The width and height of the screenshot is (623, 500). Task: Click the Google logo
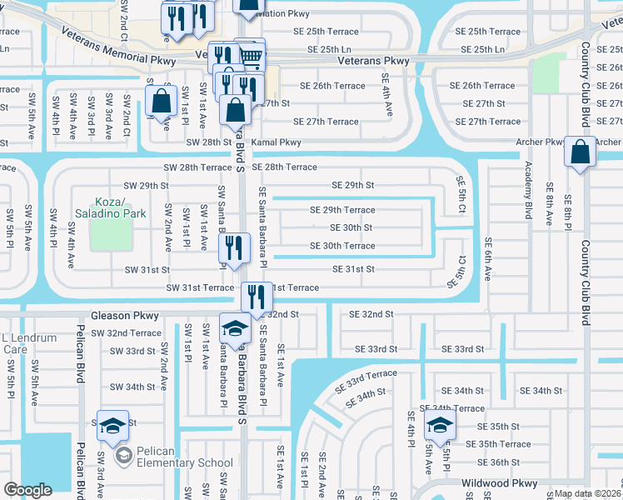click(x=27, y=490)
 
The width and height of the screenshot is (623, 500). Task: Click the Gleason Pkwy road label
click(x=124, y=316)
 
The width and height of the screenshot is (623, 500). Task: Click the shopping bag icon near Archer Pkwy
click(x=581, y=153)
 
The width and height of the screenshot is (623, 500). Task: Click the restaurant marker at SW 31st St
click(x=234, y=247)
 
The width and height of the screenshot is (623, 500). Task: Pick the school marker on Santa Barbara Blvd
click(x=235, y=328)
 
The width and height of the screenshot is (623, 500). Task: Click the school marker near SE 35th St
click(x=440, y=426)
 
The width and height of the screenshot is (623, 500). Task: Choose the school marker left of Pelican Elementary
click(x=112, y=426)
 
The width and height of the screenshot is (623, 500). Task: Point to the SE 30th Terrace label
click(x=342, y=246)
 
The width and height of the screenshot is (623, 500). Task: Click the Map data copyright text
click(x=586, y=493)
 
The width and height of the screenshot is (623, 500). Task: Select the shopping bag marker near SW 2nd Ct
click(x=160, y=101)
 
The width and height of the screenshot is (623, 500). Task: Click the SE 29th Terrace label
click(x=342, y=210)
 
